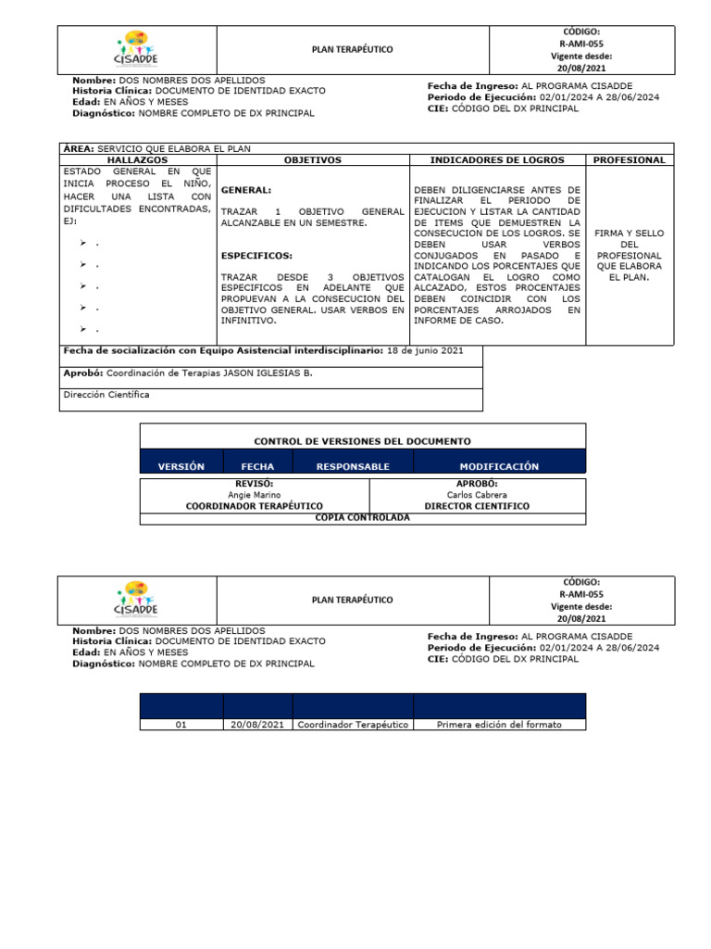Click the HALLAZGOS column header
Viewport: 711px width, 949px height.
click(136, 160)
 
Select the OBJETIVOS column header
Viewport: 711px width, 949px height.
click(312, 160)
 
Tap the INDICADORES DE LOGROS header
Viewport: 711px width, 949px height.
click(497, 160)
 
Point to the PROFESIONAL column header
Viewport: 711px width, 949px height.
click(630, 160)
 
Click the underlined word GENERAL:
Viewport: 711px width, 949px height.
click(245, 190)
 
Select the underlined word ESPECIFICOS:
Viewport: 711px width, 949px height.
click(256, 256)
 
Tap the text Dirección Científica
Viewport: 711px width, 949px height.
click(106, 395)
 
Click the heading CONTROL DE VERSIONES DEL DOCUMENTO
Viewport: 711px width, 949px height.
click(362, 442)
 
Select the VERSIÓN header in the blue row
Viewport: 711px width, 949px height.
click(181, 467)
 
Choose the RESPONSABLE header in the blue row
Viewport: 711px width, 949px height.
click(353, 467)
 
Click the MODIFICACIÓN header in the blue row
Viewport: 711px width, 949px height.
click(499, 467)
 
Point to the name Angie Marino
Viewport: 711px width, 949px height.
click(255, 495)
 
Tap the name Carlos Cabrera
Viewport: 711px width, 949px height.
click(477, 495)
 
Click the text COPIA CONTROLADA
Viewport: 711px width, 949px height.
click(362, 518)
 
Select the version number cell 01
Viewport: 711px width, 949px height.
click(181, 725)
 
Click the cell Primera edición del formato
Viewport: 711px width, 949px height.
click(499, 725)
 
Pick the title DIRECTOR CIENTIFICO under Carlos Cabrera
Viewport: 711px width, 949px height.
click(477, 506)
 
